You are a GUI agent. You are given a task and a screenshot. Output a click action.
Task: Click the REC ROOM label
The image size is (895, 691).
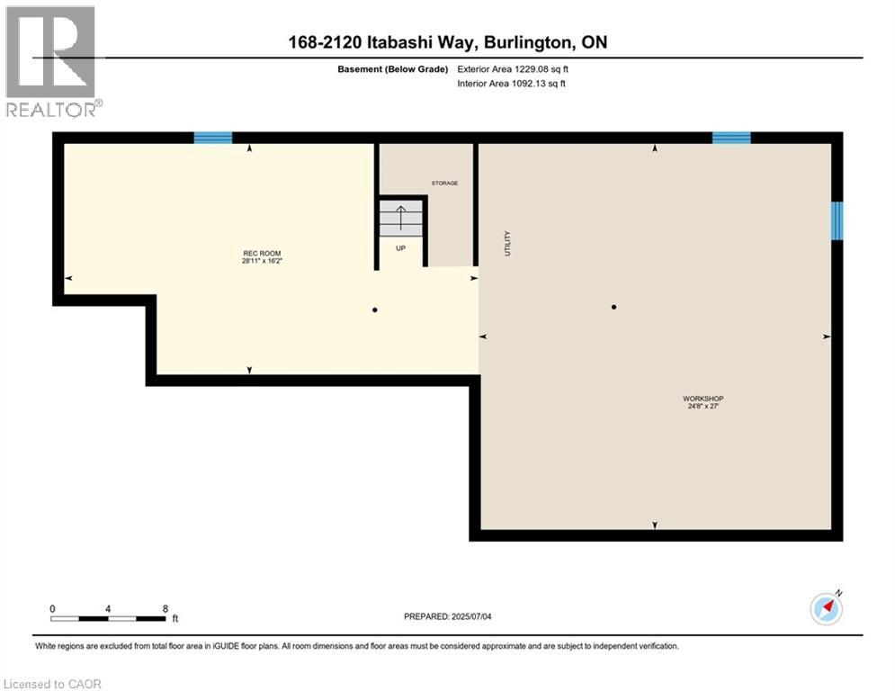click(256, 253)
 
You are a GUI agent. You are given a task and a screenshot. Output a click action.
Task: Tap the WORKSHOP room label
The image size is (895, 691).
click(703, 399)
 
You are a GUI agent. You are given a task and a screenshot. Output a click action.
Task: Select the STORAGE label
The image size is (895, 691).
click(444, 183)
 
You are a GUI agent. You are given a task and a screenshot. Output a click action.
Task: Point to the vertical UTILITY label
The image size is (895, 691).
click(507, 243)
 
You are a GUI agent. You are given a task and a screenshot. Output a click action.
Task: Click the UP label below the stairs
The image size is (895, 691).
click(401, 248)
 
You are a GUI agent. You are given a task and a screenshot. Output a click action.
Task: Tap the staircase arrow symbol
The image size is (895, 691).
click(401, 218)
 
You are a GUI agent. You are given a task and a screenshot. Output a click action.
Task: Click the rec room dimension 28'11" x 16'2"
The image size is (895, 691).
click(256, 262)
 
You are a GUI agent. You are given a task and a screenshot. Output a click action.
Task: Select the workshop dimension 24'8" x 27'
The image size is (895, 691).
click(703, 407)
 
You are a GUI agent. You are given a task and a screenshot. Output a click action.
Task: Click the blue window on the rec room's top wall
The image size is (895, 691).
click(213, 138)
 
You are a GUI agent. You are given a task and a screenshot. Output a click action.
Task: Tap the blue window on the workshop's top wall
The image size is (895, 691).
click(731, 138)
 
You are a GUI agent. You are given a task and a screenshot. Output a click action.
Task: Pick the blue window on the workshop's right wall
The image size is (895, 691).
click(837, 220)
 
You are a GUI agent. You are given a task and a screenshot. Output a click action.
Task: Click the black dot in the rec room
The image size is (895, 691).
click(375, 310)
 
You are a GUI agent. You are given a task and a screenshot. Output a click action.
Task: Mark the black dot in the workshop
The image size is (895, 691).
click(614, 307)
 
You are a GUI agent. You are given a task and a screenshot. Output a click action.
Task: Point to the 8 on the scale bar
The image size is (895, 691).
click(166, 608)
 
